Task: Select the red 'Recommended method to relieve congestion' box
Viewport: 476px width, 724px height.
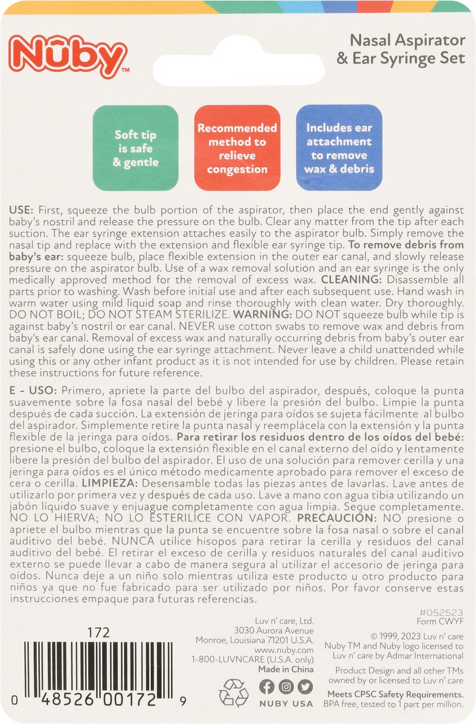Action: click(237, 148)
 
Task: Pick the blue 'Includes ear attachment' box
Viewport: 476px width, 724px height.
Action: click(339, 148)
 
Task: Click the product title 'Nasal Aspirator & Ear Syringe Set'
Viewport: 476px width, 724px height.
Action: click(409, 49)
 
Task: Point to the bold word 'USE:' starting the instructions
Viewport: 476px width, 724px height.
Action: click(22, 211)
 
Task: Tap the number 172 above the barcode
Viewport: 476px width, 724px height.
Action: click(98, 633)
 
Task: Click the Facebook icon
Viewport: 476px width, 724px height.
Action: click(267, 687)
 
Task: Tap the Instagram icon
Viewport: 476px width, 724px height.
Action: click(287, 687)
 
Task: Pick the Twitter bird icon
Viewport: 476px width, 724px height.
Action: click(306, 687)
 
